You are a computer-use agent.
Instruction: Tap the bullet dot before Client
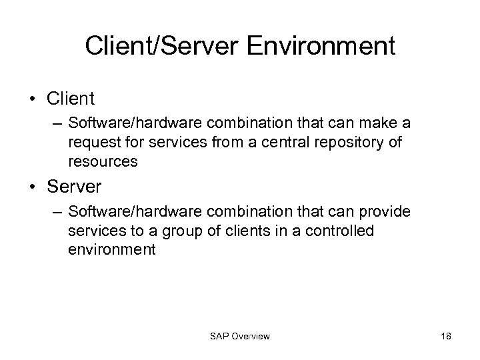(x=32, y=99)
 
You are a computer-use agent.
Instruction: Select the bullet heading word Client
(x=71, y=99)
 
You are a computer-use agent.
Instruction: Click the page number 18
(x=446, y=336)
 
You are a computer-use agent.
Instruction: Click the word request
(x=89, y=143)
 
